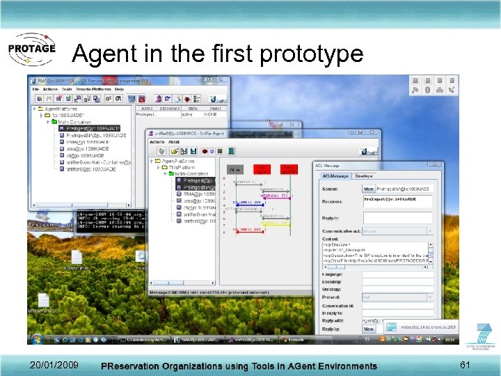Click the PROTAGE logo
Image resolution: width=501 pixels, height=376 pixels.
click(x=31, y=50)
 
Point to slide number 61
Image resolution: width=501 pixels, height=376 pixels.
click(x=466, y=365)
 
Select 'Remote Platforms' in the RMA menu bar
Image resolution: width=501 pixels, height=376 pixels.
click(x=93, y=89)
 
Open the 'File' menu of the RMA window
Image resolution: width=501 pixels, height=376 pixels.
click(x=35, y=89)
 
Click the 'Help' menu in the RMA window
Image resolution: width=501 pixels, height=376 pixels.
click(x=119, y=89)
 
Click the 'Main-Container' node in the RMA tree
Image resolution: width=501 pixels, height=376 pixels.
click(x=77, y=122)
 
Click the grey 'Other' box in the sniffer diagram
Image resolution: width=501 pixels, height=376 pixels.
click(x=235, y=169)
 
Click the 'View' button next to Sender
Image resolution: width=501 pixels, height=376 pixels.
click(x=368, y=189)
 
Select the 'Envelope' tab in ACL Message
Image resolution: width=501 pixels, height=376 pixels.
click(x=365, y=176)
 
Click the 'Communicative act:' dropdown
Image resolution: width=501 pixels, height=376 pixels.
click(x=397, y=231)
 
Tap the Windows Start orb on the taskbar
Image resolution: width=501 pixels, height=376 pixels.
click(x=36, y=339)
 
